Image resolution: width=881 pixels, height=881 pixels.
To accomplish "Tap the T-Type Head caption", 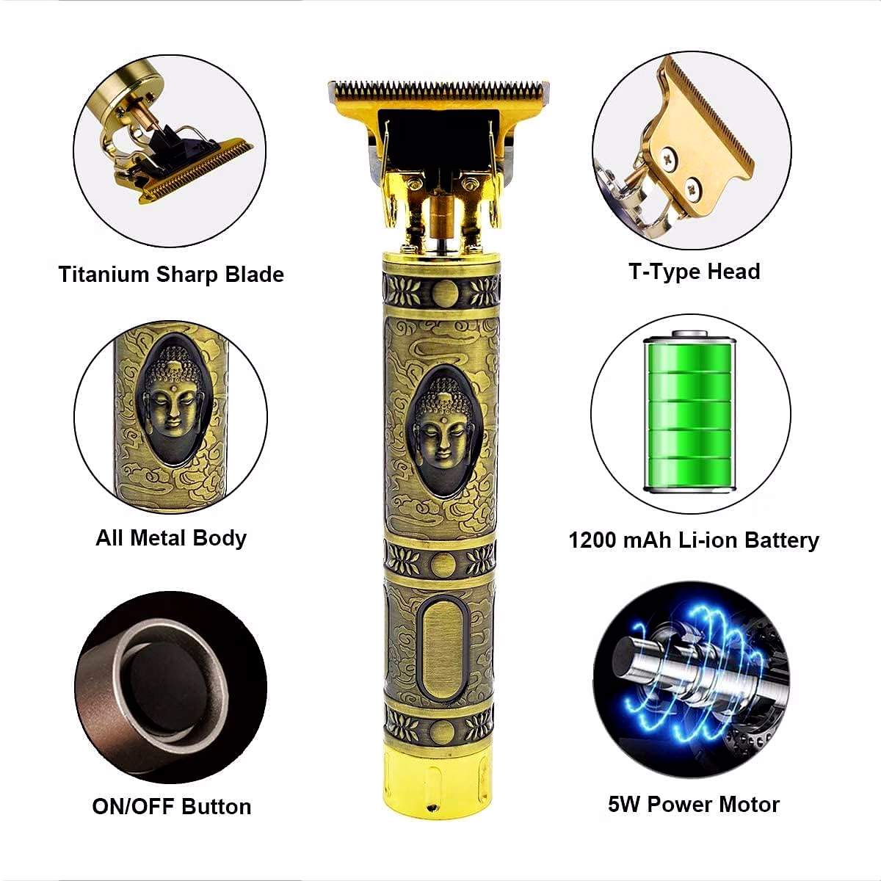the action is pos(695,272).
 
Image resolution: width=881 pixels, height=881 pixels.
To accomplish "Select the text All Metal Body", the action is pos(171,538).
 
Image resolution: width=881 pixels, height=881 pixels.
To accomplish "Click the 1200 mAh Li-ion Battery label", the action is pos(694,540).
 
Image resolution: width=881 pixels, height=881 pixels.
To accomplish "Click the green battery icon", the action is pos(690,411).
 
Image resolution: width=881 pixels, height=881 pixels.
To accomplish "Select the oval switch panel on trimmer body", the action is pos(443,650).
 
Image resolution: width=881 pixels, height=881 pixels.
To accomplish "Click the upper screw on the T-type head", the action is pos(668,159).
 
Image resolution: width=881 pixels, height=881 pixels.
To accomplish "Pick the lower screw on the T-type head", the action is pos(693,186).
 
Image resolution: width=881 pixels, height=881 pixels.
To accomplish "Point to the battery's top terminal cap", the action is pos(690,333).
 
